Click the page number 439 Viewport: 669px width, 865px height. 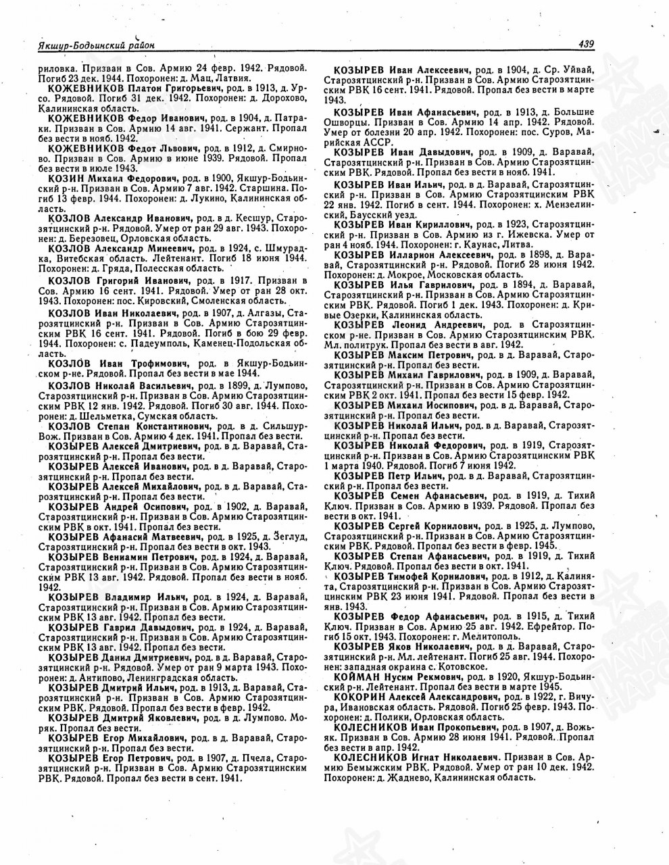pyautogui.click(x=585, y=45)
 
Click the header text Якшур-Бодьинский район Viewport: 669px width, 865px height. pyautogui.click(x=97, y=45)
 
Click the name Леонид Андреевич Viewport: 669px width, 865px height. pyautogui.click(x=439, y=326)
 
